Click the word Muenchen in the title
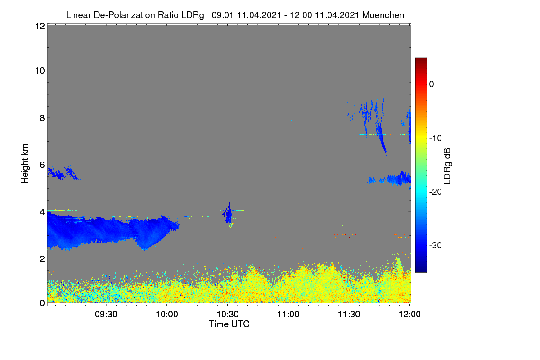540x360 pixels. (x=383, y=15)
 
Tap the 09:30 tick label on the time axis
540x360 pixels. (x=106, y=314)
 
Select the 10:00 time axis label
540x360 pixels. (x=167, y=314)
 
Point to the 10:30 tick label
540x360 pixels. (x=228, y=314)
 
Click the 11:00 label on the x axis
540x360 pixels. (x=288, y=314)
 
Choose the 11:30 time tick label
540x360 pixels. (x=349, y=314)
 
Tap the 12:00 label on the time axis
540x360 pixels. (x=409, y=314)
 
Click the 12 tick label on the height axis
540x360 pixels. (x=40, y=26)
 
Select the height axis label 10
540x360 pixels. (x=40, y=71)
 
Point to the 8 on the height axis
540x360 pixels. (x=42, y=118)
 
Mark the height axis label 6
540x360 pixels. (x=42, y=165)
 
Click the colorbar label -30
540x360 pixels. (x=436, y=245)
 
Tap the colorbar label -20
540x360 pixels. (x=436, y=192)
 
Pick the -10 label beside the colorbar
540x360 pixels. (x=436, y=139)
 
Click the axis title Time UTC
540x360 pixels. (x=229, y=324)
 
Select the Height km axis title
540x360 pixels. (x=25, y=164)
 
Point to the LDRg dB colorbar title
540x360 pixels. (x=447, y=166)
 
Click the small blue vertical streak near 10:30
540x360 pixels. (x=229, y=213)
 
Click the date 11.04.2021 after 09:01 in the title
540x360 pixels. (x=259, y=15)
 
